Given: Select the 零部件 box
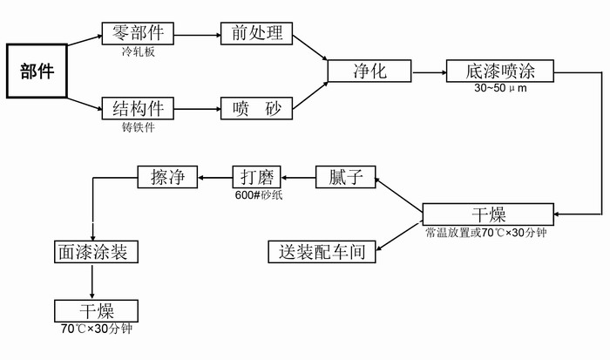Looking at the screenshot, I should pos(139,34).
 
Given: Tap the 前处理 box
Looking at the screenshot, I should pos(257,34).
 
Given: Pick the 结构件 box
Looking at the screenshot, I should pos(139,109).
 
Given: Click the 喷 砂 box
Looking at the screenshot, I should pos(257,109).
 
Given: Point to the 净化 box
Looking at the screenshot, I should pos(369,71).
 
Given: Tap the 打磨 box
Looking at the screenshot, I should pos(258,177).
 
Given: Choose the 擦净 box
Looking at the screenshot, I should pos(168,177).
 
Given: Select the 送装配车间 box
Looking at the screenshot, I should pos(322,253).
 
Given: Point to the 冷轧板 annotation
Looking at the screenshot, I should pos(138,51).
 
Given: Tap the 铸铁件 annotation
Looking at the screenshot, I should pos(138,126).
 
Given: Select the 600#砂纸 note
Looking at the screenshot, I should pos(259,195).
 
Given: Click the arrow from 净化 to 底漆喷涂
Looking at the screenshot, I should pos(428,71).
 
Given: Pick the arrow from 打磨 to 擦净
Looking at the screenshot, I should pos(214,177).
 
